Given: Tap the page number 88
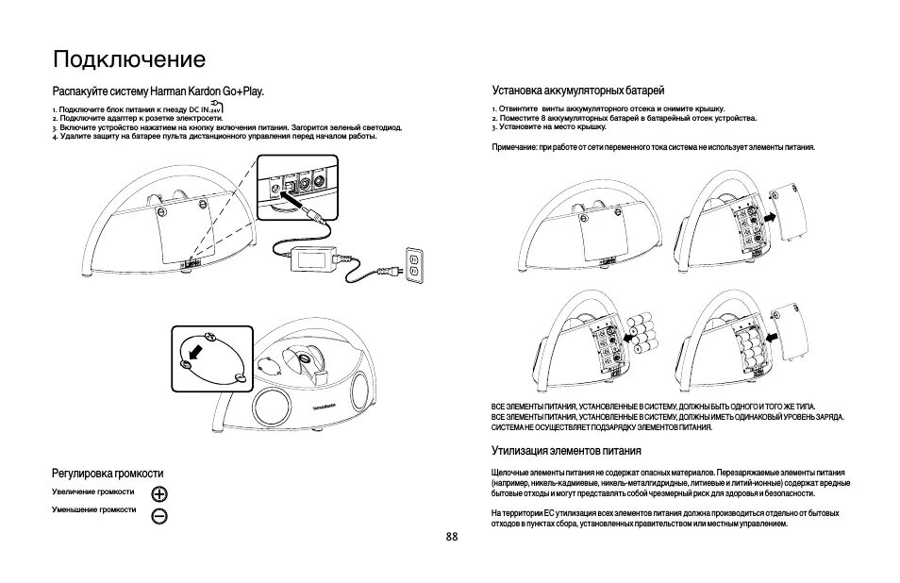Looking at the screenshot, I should tap(451, 537).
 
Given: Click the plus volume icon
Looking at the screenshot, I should tap(159, 494).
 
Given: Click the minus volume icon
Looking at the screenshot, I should tap(159, 515).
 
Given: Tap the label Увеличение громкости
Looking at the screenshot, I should tap(92, 492).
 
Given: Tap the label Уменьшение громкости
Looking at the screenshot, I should tap(93, 509).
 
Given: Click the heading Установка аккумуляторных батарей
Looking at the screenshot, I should tap(578, 92).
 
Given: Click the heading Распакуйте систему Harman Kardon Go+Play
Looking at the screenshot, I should tap(158, 92).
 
